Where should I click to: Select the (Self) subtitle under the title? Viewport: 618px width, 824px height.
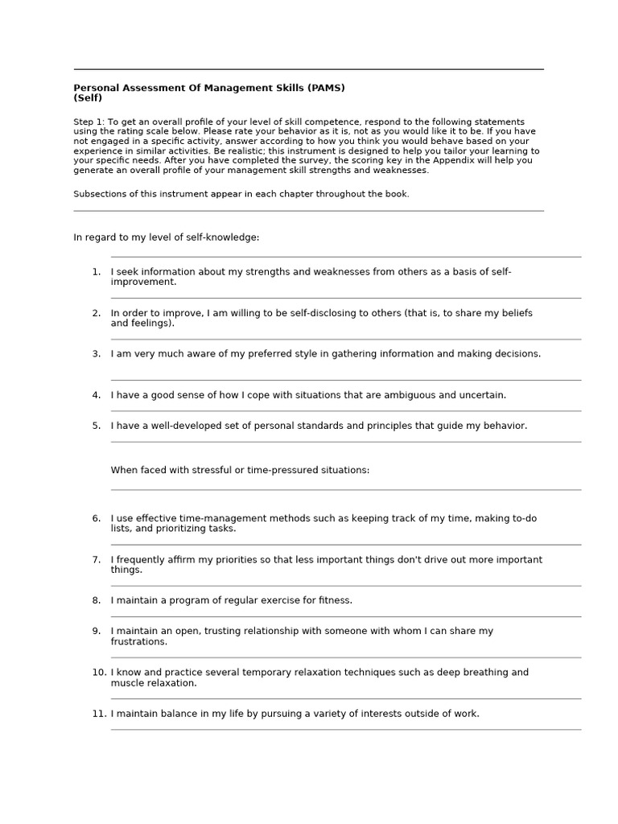click(88, 97)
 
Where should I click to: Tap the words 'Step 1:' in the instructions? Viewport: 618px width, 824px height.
click(89, 122)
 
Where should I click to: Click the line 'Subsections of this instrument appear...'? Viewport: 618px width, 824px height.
click(241, 194)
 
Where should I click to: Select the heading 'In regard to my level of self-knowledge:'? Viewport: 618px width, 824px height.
click(167, 237)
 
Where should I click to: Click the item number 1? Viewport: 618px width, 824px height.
click(96, 272)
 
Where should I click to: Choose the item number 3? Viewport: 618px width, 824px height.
click(96, 353)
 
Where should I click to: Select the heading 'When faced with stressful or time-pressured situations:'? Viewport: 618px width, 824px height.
click(240, 470)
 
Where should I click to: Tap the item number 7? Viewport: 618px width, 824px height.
click(96, 559)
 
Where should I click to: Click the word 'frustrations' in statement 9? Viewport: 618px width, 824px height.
click(138, 642)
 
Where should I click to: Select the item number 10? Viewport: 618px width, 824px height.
click(99, 672)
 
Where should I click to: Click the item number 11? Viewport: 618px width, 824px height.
click(99, 713)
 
